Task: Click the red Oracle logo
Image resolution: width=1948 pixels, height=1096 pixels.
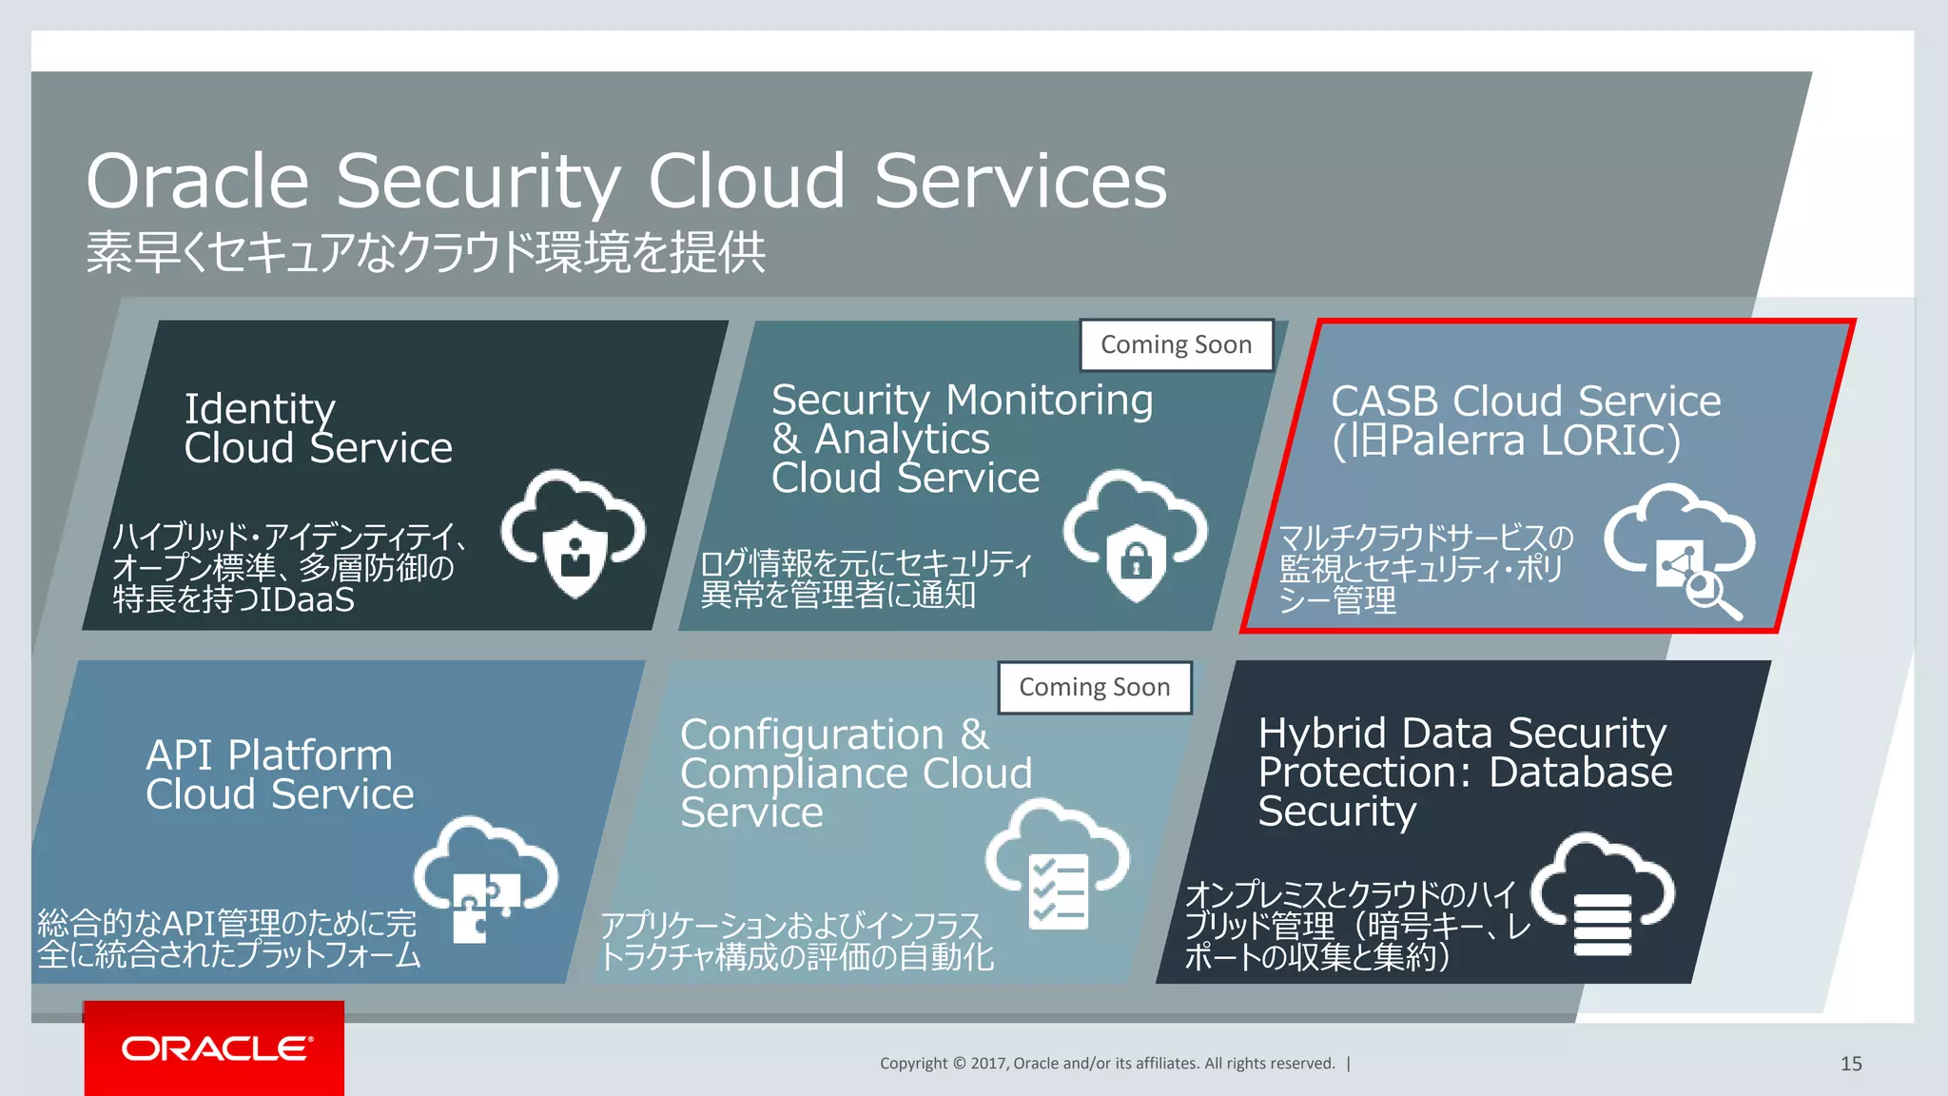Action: tap(215, 1048)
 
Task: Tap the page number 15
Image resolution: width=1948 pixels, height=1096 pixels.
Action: tap(1851, 1064)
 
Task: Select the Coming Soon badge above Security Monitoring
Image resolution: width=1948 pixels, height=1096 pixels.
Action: tap(1176, 344)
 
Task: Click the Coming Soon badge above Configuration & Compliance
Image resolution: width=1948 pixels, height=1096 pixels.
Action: tap(1094, 687)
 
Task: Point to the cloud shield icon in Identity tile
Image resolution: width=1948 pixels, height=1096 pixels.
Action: tap(574, 533)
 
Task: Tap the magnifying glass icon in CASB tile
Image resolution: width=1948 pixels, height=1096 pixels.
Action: tap(1713, 595)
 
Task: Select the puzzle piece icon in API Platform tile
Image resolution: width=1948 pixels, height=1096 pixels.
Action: tap(485, 904)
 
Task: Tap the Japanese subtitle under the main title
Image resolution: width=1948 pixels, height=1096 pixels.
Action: tap(425, 253)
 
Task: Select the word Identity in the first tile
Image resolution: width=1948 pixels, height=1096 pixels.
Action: tap(260, 409)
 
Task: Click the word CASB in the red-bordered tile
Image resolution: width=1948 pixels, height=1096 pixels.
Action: tap(1384, 401)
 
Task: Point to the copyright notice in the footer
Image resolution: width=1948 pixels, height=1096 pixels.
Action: tap(1107, 1064)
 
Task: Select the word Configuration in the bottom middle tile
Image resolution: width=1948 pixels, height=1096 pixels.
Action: tap(811, 735)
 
